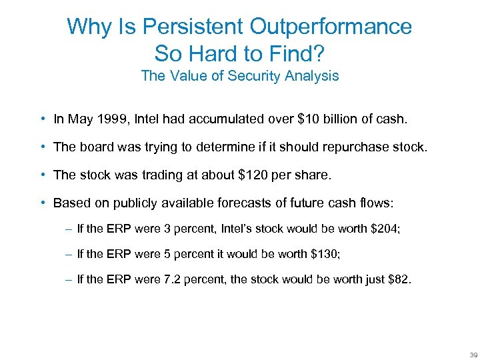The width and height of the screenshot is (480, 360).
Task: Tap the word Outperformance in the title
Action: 331,27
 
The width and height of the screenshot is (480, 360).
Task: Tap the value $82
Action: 399,280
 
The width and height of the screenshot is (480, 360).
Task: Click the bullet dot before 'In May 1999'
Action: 42,120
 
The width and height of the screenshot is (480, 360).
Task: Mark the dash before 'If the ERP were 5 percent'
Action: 69,254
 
